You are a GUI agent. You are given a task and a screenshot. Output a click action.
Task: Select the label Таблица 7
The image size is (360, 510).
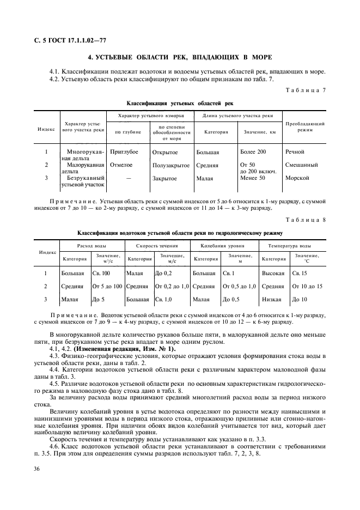click(310, 89)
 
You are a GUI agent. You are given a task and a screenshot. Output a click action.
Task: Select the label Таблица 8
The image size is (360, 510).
click(310, 220)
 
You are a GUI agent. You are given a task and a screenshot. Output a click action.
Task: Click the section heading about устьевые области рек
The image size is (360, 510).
click(180, 57)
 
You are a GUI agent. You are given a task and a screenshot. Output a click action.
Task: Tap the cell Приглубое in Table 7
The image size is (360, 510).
click(124, 152)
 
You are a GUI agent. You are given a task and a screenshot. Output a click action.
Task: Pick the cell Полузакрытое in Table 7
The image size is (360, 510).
click(171, 165)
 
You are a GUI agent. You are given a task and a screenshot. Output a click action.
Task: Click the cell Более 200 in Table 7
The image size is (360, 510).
click(253, 152)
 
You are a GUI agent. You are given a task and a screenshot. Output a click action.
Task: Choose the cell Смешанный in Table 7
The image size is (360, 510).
click(301, 165)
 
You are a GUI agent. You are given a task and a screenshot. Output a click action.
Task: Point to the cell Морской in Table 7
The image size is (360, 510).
click(297, 178)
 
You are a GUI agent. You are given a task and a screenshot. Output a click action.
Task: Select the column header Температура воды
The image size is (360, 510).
click(293, 246)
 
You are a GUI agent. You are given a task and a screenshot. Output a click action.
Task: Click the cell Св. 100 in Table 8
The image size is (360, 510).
click(101, 272)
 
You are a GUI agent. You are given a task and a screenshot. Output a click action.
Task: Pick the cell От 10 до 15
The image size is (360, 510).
click(307, 286)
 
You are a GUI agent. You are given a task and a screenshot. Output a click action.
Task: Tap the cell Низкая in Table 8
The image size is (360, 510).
click(272, 299)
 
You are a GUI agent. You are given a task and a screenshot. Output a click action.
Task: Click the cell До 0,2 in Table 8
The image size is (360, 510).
click(164, 272)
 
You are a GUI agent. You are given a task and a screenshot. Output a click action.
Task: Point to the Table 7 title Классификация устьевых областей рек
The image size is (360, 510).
click(180, 103)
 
